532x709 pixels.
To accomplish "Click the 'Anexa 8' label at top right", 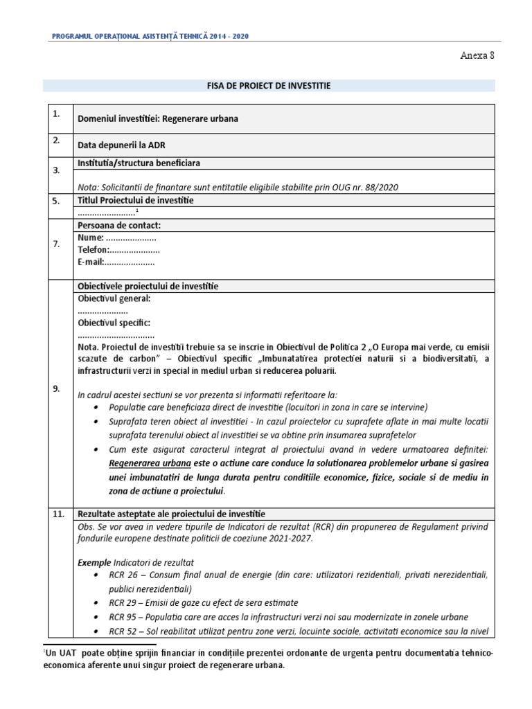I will tap(477, 56).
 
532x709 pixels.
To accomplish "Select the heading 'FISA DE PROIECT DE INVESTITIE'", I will tap(269, 86).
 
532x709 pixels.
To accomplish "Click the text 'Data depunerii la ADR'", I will tap(121, 145).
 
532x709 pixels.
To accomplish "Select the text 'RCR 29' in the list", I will tap(123, 603).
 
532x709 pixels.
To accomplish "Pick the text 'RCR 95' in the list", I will tap(123, 617).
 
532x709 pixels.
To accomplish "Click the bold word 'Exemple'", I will tap(94, 562).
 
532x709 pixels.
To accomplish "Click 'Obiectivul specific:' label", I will tap(114, 323).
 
